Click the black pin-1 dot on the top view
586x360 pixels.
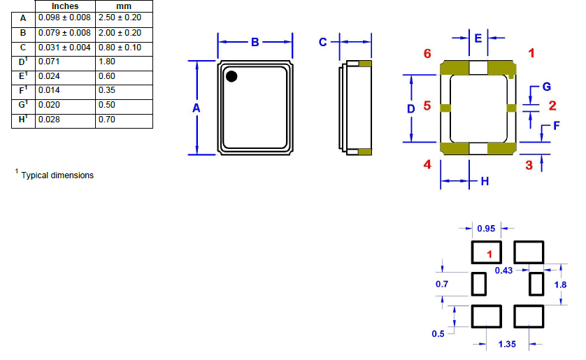tap(231, 76)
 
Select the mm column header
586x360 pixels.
tap(123, 6)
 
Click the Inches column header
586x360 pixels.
tap(65, 6)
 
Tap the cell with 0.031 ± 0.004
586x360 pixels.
tap(65, 47)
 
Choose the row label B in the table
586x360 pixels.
tap(23, 32)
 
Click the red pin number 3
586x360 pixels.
tap(529, 165)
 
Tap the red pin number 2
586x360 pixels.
tap(552, 106)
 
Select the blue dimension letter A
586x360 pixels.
tap(196, 108)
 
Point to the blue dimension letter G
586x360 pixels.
tap(547, 87)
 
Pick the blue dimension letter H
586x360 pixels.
tap(484, 182)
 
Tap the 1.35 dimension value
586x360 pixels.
tap(507, 344)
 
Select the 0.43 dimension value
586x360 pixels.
tap(503, 270)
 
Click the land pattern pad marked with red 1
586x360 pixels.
tap(487, 252)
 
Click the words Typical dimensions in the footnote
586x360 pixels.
tap(57, 175)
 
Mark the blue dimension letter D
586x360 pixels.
tap(411, 108)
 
